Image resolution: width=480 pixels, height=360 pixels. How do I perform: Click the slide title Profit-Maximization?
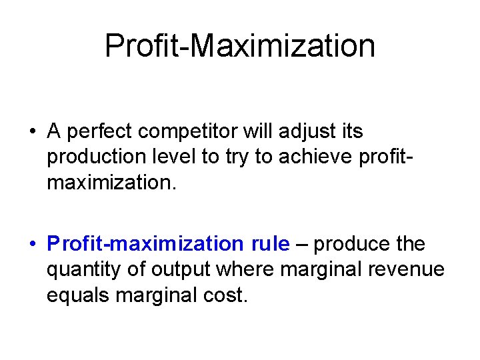pyautogui.click(x=240, y=46)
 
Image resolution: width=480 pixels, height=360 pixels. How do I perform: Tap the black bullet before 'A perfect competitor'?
pyautogui.click(x=33, y=132)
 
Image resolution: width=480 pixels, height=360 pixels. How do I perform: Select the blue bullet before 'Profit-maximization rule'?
pyautogui.click(x=33, y=245)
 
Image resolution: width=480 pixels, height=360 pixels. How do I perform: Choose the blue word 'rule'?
pyautogui.click(x=270, y=245)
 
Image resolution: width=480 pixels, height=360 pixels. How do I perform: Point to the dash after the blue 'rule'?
pyautogui.click(x=301, y=245)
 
